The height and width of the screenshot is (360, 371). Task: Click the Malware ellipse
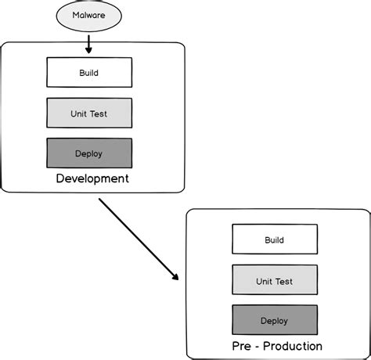pyautogui.click(x=89, y=16)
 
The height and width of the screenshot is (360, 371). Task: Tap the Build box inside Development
pyautogui.click(x=89, y=73)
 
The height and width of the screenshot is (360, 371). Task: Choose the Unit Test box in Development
pyautogui.click(x=89, y=113)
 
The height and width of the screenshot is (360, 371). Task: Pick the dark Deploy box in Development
pyautogui.click(x=89, y=153)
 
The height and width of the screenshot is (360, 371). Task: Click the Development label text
pyautogui.click(x=92, y=178)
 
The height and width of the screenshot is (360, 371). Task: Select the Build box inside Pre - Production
pyautogui.click(x=274, y=239)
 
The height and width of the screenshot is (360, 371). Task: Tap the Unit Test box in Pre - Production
pyautogui.click(x=274, y=280)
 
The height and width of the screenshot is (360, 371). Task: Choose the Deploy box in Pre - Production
pyautogui.click(x=274, y=320)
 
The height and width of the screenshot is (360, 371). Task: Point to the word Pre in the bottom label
pyautogui.click(x=241, y=346)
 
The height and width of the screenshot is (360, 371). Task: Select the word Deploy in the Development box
pyautogui.click(x=89, y=153)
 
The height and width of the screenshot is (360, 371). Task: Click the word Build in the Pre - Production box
pyautogui.click(x=274, y=239)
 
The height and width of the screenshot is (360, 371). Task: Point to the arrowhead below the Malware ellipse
pyautogui.click(x=89, y=50)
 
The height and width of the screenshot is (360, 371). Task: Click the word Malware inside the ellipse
pyautogui.click(x=89, y=16)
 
